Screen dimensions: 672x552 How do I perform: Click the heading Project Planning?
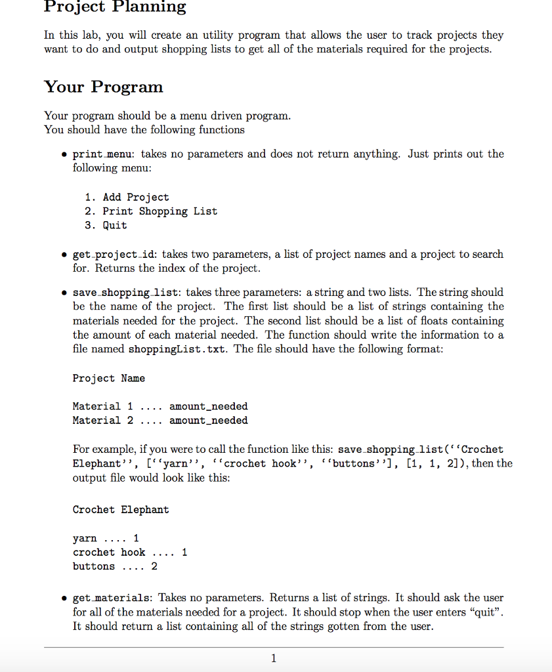coord(115,7)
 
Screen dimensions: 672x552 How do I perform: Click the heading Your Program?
coord(103,87)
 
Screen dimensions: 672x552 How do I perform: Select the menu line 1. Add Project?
coord(127,197)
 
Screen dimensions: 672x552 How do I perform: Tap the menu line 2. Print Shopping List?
coord(151,211)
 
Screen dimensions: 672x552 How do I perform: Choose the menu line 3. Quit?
coord(106,225)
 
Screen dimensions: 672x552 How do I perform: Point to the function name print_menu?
coord(103,154)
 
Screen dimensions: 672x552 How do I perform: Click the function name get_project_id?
coord(114,255)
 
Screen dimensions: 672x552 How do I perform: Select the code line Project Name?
coord(108,378)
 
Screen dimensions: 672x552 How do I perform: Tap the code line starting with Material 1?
coord(160,406)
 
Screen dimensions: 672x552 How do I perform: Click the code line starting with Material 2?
coord(160,421)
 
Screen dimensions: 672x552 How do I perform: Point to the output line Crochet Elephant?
coord(121,509)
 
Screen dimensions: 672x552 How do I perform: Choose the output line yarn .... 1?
coord(106,538)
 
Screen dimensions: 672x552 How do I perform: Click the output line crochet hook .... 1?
coord(130,553)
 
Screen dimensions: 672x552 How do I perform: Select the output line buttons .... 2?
coord(115,566)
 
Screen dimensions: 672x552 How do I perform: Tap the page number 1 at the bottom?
coord(274,658)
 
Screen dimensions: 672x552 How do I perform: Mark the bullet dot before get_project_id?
coord(63,255)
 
